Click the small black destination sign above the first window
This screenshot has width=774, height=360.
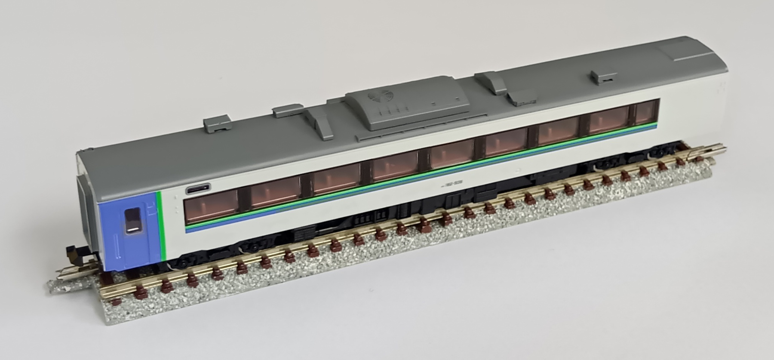(x=198, y=188)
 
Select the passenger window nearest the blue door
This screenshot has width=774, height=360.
(x=211, y=206)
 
